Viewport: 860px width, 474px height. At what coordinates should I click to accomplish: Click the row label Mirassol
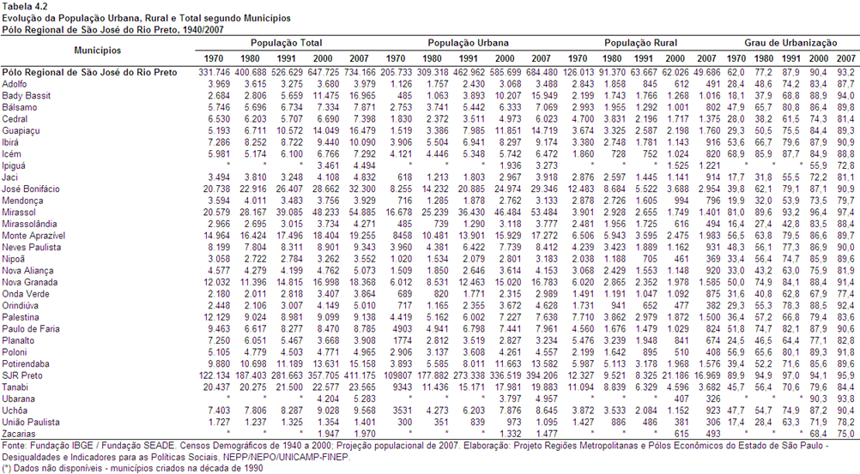tap(19, 212)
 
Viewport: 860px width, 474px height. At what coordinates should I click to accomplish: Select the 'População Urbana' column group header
tap(468, 43)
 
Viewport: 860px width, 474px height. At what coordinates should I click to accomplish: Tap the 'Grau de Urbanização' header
tap(790, 43)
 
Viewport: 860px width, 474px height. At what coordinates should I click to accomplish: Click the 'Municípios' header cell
tap(98, 51)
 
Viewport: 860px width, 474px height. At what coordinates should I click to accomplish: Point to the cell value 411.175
tap(360, 375)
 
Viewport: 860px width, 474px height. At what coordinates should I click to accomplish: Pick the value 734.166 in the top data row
tap(360, 72)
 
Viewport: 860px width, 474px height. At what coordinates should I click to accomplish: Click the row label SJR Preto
tap(22, 375)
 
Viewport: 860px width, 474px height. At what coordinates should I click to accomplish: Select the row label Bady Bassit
tap(26, 95)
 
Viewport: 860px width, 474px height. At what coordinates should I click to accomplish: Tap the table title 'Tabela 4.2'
tap(25, 7)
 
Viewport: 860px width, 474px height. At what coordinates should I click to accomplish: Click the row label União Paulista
tap(31, 422)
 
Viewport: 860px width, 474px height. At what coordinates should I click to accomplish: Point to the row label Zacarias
tap(19, 434)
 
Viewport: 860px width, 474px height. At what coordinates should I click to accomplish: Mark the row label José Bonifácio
tap(31, 189)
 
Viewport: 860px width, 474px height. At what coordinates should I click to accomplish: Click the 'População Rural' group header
tap(640, 43)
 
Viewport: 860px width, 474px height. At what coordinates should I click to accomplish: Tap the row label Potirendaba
tap(25, 363)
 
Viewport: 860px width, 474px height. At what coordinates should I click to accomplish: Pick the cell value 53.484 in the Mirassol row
tap(542, 212)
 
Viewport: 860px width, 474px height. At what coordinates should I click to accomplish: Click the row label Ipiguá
tap(14, 165)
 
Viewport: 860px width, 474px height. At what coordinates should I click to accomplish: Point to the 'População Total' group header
tap(287, 43)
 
